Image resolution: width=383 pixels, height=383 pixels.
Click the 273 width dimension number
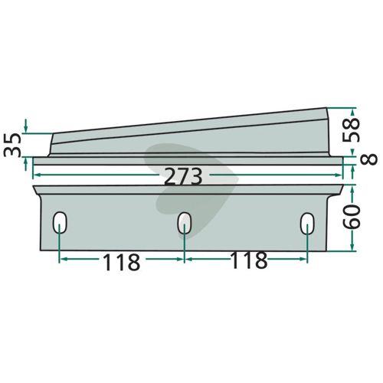pos(183,176)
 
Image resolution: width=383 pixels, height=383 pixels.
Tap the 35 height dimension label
pos(12,145)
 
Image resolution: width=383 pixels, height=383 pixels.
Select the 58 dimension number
pos(351,130)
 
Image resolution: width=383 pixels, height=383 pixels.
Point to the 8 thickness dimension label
pos(368,159)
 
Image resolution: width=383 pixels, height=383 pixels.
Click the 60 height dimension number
pos(352,217)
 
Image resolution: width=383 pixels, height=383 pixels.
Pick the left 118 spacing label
pos(121,262)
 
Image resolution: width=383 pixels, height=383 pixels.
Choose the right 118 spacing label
pos(249,260)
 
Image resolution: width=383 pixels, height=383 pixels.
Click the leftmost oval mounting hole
pos(60,222)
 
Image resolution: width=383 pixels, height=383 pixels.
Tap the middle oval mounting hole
pos(185,223)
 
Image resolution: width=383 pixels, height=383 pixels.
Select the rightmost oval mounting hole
pos(307,224)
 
